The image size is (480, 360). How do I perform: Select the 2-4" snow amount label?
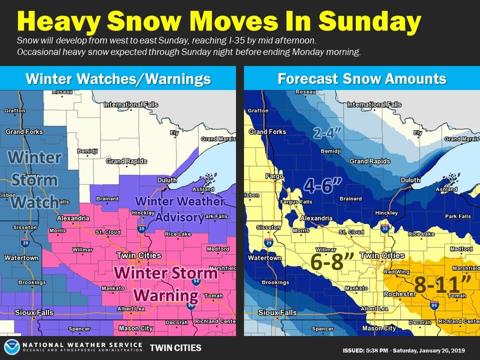(327, 133)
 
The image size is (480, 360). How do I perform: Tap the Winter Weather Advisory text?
(180, 209)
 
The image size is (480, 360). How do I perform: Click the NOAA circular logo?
(11, 347)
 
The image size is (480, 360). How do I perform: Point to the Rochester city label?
(399, 294)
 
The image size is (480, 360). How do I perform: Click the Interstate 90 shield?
(433, 305)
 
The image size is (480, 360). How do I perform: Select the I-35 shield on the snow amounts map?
(384, 228)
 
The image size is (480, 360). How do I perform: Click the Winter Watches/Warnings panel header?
(117, 78)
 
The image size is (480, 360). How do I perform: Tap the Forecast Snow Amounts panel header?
(361, 78)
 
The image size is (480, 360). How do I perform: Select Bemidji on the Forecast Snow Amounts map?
(330, 150)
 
